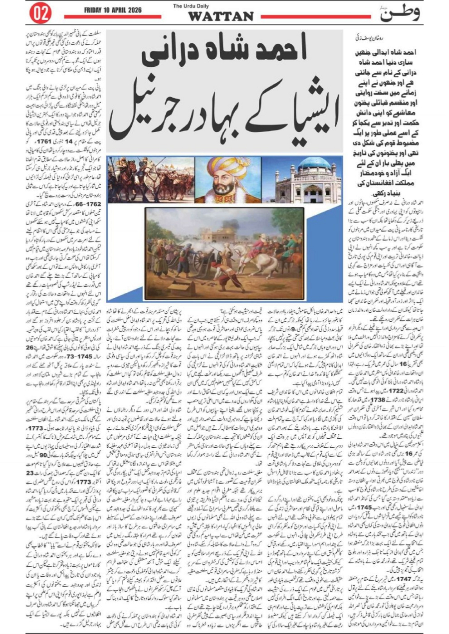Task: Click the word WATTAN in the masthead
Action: click(x=220, y=16)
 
